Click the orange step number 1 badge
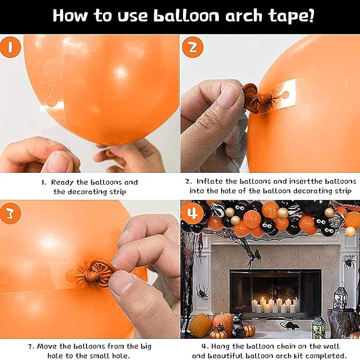(10, 48)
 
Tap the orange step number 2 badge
(192, 47)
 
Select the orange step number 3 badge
(10, 214)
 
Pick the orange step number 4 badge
(192, 214)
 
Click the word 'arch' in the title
(243, 15)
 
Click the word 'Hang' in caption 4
(221, 346)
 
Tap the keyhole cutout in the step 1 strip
(50, 95)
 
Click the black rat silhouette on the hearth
(289, 326)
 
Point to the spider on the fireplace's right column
(349, 262)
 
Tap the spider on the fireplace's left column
(203, 292)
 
